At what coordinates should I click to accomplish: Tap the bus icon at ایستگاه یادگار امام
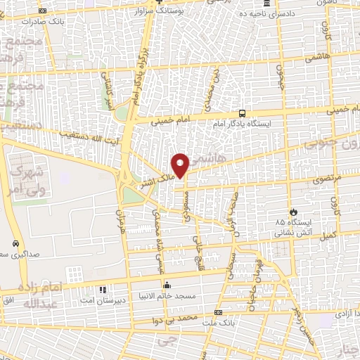tap(242, 112)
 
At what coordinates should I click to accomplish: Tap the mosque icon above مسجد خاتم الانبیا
tap(167, 285)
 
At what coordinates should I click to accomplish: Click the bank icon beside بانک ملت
tap(218, 311)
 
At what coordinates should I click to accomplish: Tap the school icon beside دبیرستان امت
tap(103, 289)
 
